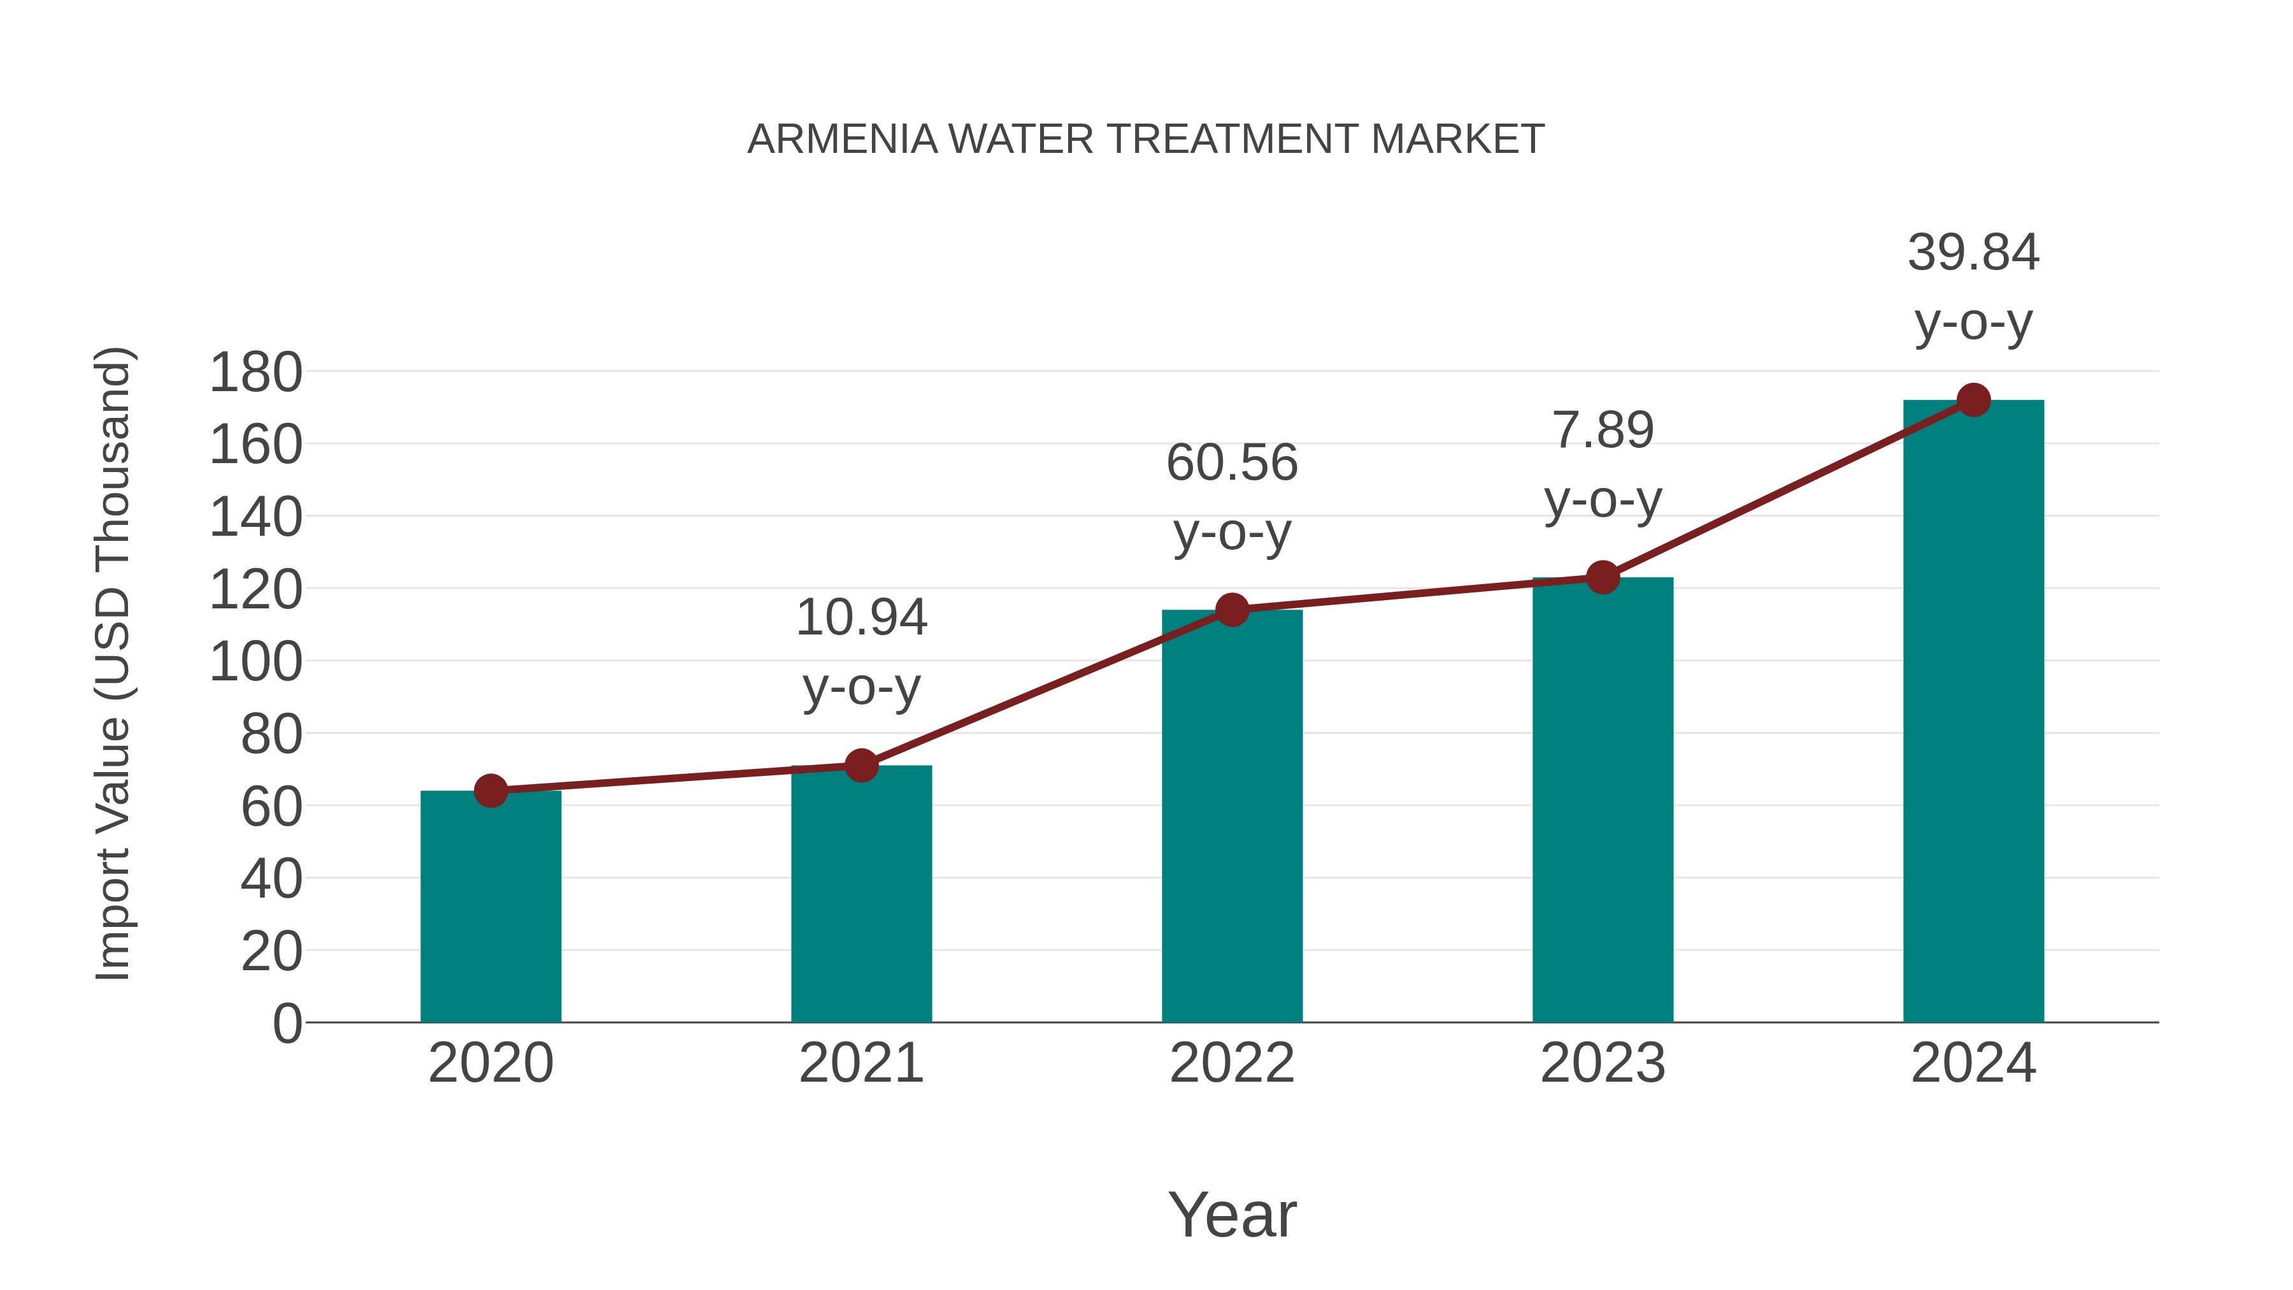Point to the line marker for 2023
pos(1603,578)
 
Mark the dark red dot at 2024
pos(1973,401)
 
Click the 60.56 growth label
pos(1232,463)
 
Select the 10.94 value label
pos(861,618)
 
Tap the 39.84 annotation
pos(1973,253)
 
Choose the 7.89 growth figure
pos(1603,431)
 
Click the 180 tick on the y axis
pos(255,372)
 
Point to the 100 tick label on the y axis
pos(255,663)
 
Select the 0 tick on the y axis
pos(287,1023)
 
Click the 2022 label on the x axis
pos(1232,1063)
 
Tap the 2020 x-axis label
pos(490,1063)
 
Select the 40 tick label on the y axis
pos(271,878)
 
